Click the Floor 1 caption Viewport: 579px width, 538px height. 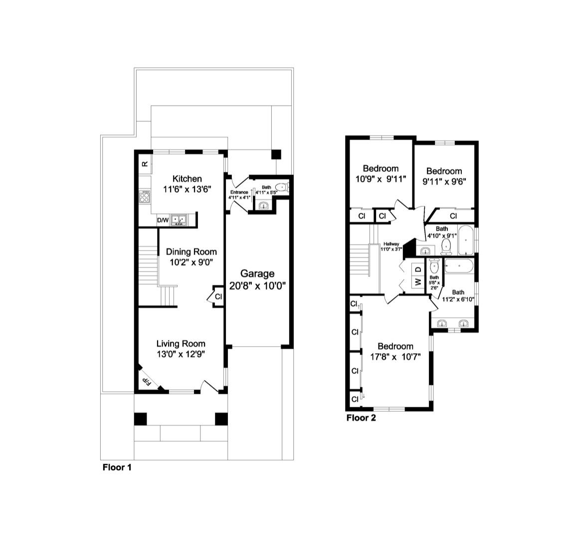(117, 467)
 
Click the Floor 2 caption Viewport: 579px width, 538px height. (361, 418)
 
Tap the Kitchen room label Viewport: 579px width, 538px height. (187, 179)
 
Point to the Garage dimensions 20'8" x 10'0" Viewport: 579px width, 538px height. (257, 286)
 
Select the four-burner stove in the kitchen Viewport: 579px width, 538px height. (146, 197)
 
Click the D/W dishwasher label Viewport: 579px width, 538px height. (163, 220)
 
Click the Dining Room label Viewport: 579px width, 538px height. (191, 252)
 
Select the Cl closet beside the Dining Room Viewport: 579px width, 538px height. (218, 296)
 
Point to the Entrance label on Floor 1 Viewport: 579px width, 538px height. (239, 192)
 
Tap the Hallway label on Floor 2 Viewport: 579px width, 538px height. (391, 244)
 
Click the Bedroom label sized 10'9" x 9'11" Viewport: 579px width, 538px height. (381, 168)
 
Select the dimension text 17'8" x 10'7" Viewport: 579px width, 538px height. (395, 357)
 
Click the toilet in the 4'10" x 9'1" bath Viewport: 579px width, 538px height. (446, 245)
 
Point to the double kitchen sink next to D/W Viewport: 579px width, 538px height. (179, 220)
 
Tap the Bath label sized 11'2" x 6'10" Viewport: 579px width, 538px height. (458, 292)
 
